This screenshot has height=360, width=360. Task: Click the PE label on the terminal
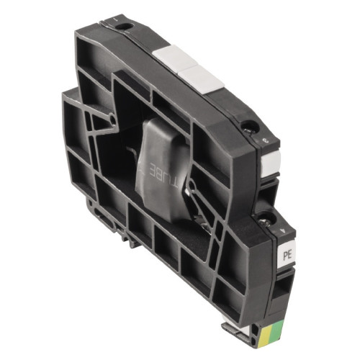point(286,254)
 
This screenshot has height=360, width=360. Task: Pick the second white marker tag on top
point(206,77)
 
